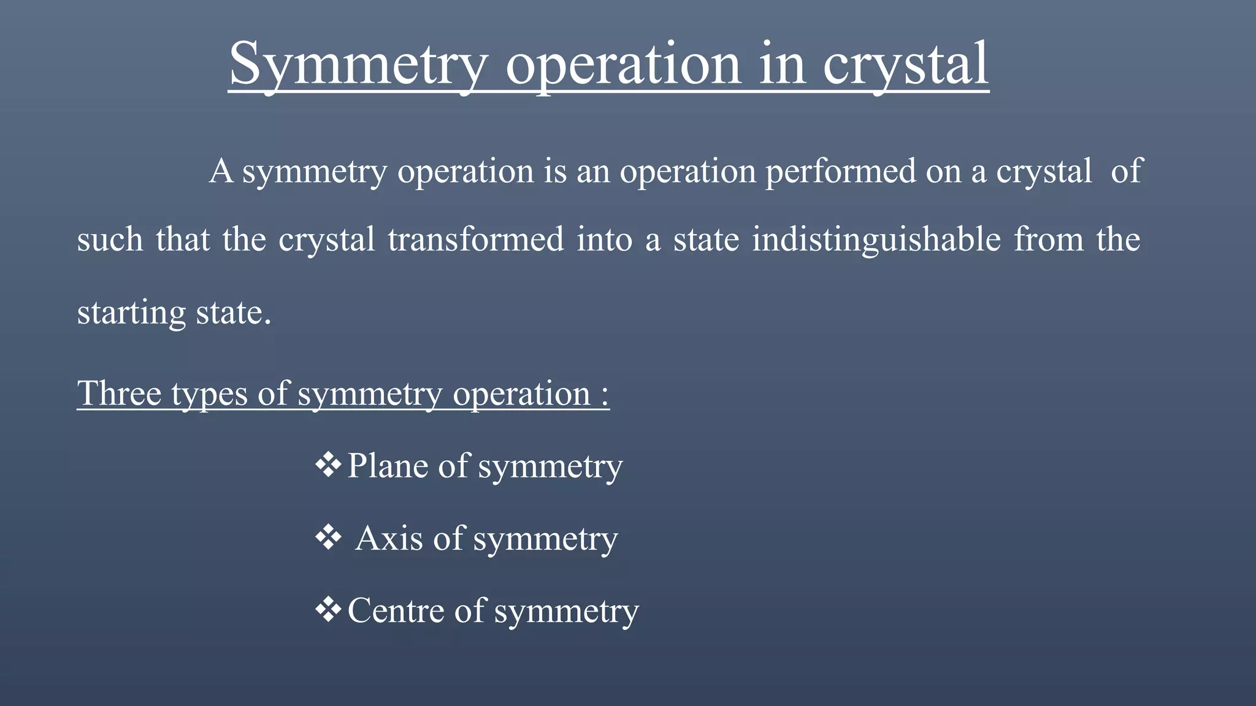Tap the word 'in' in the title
(781, 64)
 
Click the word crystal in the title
(905, 64)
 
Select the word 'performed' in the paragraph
(840, 171)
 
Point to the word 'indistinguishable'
(876, 240)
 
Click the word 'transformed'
(475, 240)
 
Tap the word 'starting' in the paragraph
(131, 313)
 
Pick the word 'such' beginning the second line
(110, 240)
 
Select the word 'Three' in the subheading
(119, 393)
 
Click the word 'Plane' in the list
(387, 466)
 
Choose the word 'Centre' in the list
(396, 611)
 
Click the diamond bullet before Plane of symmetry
(328, 465)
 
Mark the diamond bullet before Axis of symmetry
(328, 537)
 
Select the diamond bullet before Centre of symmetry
(328, 610)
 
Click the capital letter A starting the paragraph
(221, 171)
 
